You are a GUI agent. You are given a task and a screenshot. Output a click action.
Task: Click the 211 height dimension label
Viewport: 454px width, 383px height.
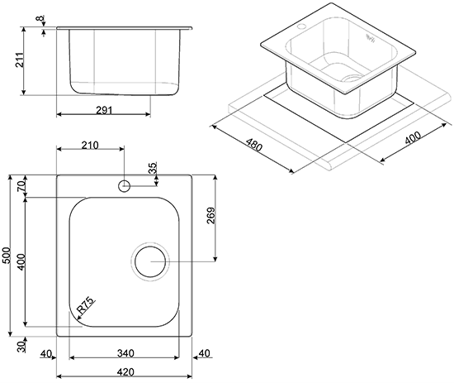pos(20,60)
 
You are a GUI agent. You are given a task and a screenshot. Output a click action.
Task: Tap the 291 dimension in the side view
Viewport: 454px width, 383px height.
pos(104,110)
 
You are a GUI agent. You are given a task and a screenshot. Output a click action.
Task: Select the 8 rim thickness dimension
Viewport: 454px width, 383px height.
pos(40,18)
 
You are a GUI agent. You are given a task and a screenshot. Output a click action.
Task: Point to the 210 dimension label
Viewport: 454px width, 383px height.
pos(90,145)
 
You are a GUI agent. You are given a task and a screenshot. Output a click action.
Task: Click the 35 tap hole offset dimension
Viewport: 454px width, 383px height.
pos(153,168)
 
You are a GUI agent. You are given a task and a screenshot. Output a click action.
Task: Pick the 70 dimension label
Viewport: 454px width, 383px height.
pos(21,185)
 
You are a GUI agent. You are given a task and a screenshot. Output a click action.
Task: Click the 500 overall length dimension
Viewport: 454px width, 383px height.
pos(7,256)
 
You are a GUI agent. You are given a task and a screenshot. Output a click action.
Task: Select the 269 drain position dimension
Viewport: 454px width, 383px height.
pos(211,215)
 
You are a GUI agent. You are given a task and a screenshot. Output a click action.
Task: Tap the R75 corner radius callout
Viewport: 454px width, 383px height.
pos(86,305)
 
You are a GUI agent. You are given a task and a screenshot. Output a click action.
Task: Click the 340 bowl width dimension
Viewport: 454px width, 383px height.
pos(125,353)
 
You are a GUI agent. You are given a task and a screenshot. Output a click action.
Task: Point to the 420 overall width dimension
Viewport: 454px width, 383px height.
pos(125,371)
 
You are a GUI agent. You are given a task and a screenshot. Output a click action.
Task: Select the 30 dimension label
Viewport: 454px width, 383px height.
pos(21,347)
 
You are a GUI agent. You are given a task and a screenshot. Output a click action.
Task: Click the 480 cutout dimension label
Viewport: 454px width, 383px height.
pos(254,145)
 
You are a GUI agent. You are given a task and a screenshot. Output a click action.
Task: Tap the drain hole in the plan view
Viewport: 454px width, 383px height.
pos(150,261)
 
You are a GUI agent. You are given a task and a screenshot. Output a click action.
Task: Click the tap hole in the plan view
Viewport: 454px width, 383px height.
pos(124,185)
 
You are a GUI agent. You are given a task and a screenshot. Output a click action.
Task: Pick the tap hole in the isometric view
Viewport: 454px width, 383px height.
pos(301,26)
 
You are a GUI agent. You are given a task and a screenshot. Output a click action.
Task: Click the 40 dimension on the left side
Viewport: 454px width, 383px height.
pos(46,354)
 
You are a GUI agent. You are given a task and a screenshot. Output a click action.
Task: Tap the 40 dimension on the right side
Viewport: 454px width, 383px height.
pos(205,353)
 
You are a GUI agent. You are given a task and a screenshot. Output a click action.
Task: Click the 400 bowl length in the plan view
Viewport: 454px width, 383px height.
pos(21,261)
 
